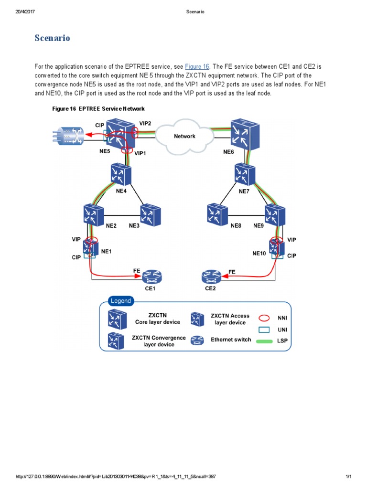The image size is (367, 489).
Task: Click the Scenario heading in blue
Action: click(x=52, y=38)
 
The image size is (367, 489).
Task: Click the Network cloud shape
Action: click(x=184, y=136)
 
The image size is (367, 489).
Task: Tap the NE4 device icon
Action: click(x=120, y=174)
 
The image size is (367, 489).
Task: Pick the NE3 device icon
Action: click(x=150, y=215)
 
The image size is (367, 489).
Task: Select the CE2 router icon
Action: click(x=212, y=276)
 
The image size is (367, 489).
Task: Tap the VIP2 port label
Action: click(x=145, y=123)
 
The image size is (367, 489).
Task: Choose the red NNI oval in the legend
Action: click(x=264, y=317)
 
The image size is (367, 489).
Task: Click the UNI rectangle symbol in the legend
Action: click(x=264, y=330)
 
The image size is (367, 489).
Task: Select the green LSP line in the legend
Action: click(x=264, y=341)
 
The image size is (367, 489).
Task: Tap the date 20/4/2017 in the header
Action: click(x=25, y=12)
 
